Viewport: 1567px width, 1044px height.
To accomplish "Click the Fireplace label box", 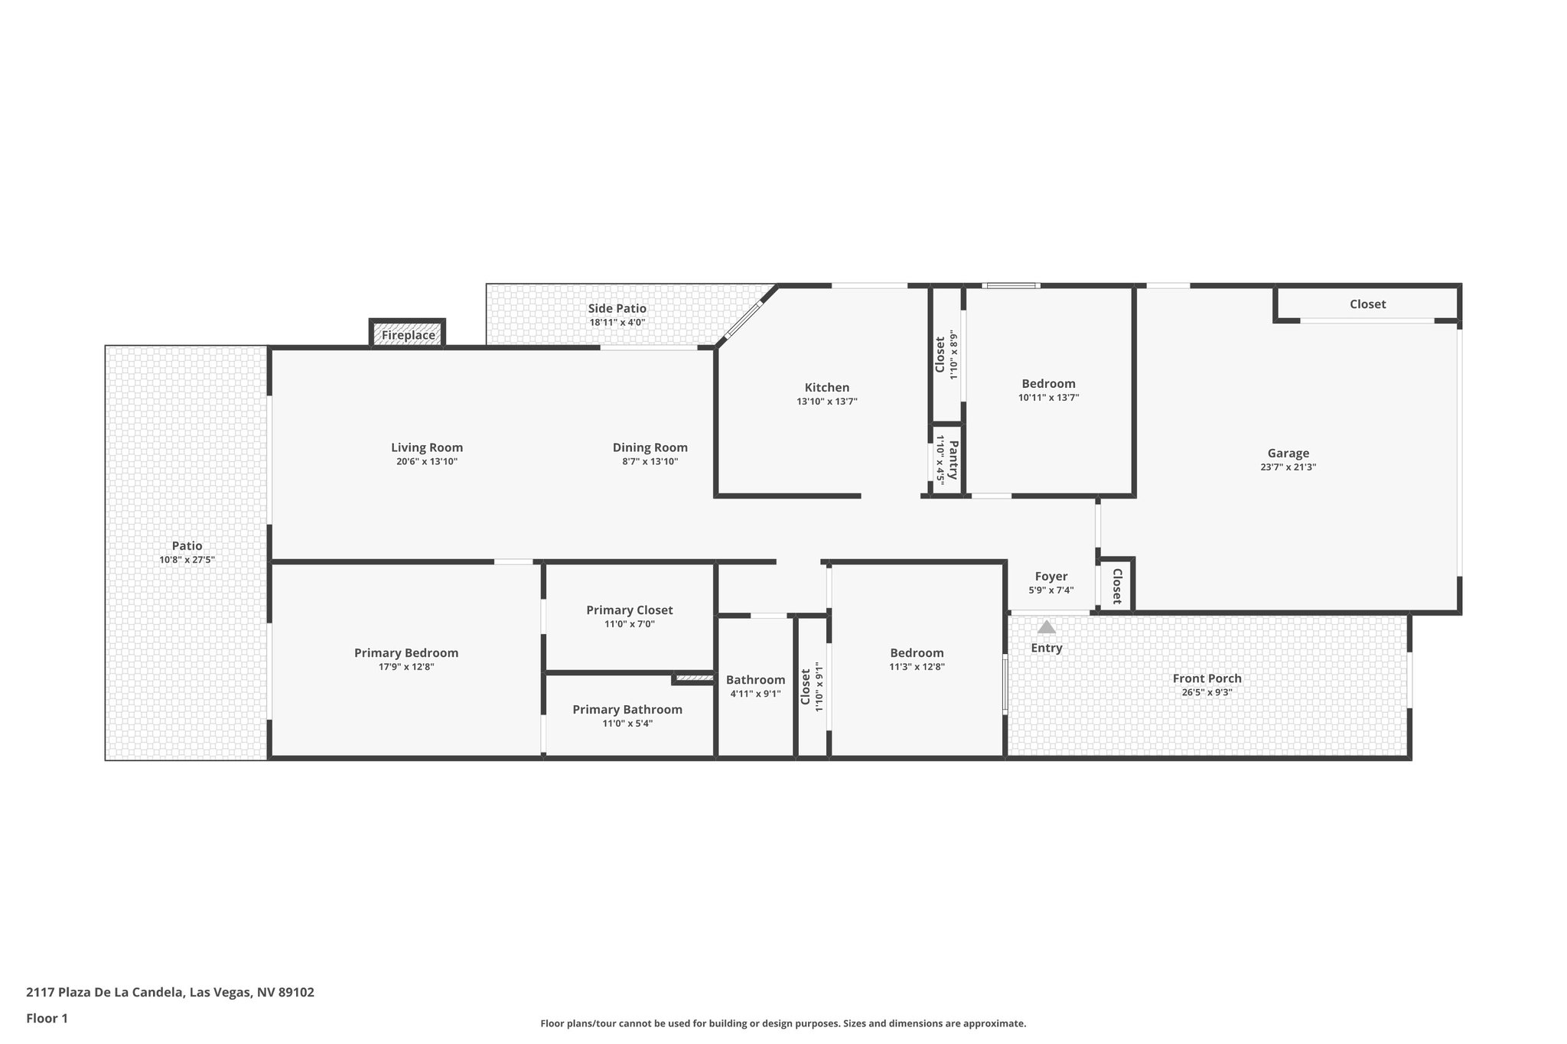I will (408, 335).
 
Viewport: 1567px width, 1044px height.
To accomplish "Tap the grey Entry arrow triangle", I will (1046, 627).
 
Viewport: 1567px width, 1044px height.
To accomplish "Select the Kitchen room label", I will (826, 388).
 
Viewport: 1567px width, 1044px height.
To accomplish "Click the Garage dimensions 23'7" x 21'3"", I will (1288, 467).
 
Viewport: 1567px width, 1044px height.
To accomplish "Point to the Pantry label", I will (953, 460).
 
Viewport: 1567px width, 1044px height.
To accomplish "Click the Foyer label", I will (1051, 577).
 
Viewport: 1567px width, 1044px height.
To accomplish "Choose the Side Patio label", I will (617, 308).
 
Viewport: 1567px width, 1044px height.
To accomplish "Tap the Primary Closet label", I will (629, 610).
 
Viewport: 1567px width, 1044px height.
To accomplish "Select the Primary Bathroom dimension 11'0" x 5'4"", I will (627, 724).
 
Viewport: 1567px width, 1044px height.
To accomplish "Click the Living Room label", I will (426, 448).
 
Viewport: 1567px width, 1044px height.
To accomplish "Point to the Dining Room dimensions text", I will (650, 462).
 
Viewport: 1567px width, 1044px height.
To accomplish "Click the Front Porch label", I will (1207, 678).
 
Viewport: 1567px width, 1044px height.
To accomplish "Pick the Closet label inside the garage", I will (1367, 304).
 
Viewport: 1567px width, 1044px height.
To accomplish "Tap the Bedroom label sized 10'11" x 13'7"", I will (1048, 384).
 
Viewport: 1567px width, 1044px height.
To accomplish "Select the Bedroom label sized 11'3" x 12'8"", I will (917, 653).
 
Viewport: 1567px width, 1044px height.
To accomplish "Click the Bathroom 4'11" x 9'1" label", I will (755, 680).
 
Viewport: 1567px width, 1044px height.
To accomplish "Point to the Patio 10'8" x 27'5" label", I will (187, 546).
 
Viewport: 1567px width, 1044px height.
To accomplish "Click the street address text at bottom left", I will (170, 993).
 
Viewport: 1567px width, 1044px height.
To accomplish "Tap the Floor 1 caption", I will (47, 1018).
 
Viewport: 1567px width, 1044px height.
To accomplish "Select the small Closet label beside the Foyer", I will (1116, 587).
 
